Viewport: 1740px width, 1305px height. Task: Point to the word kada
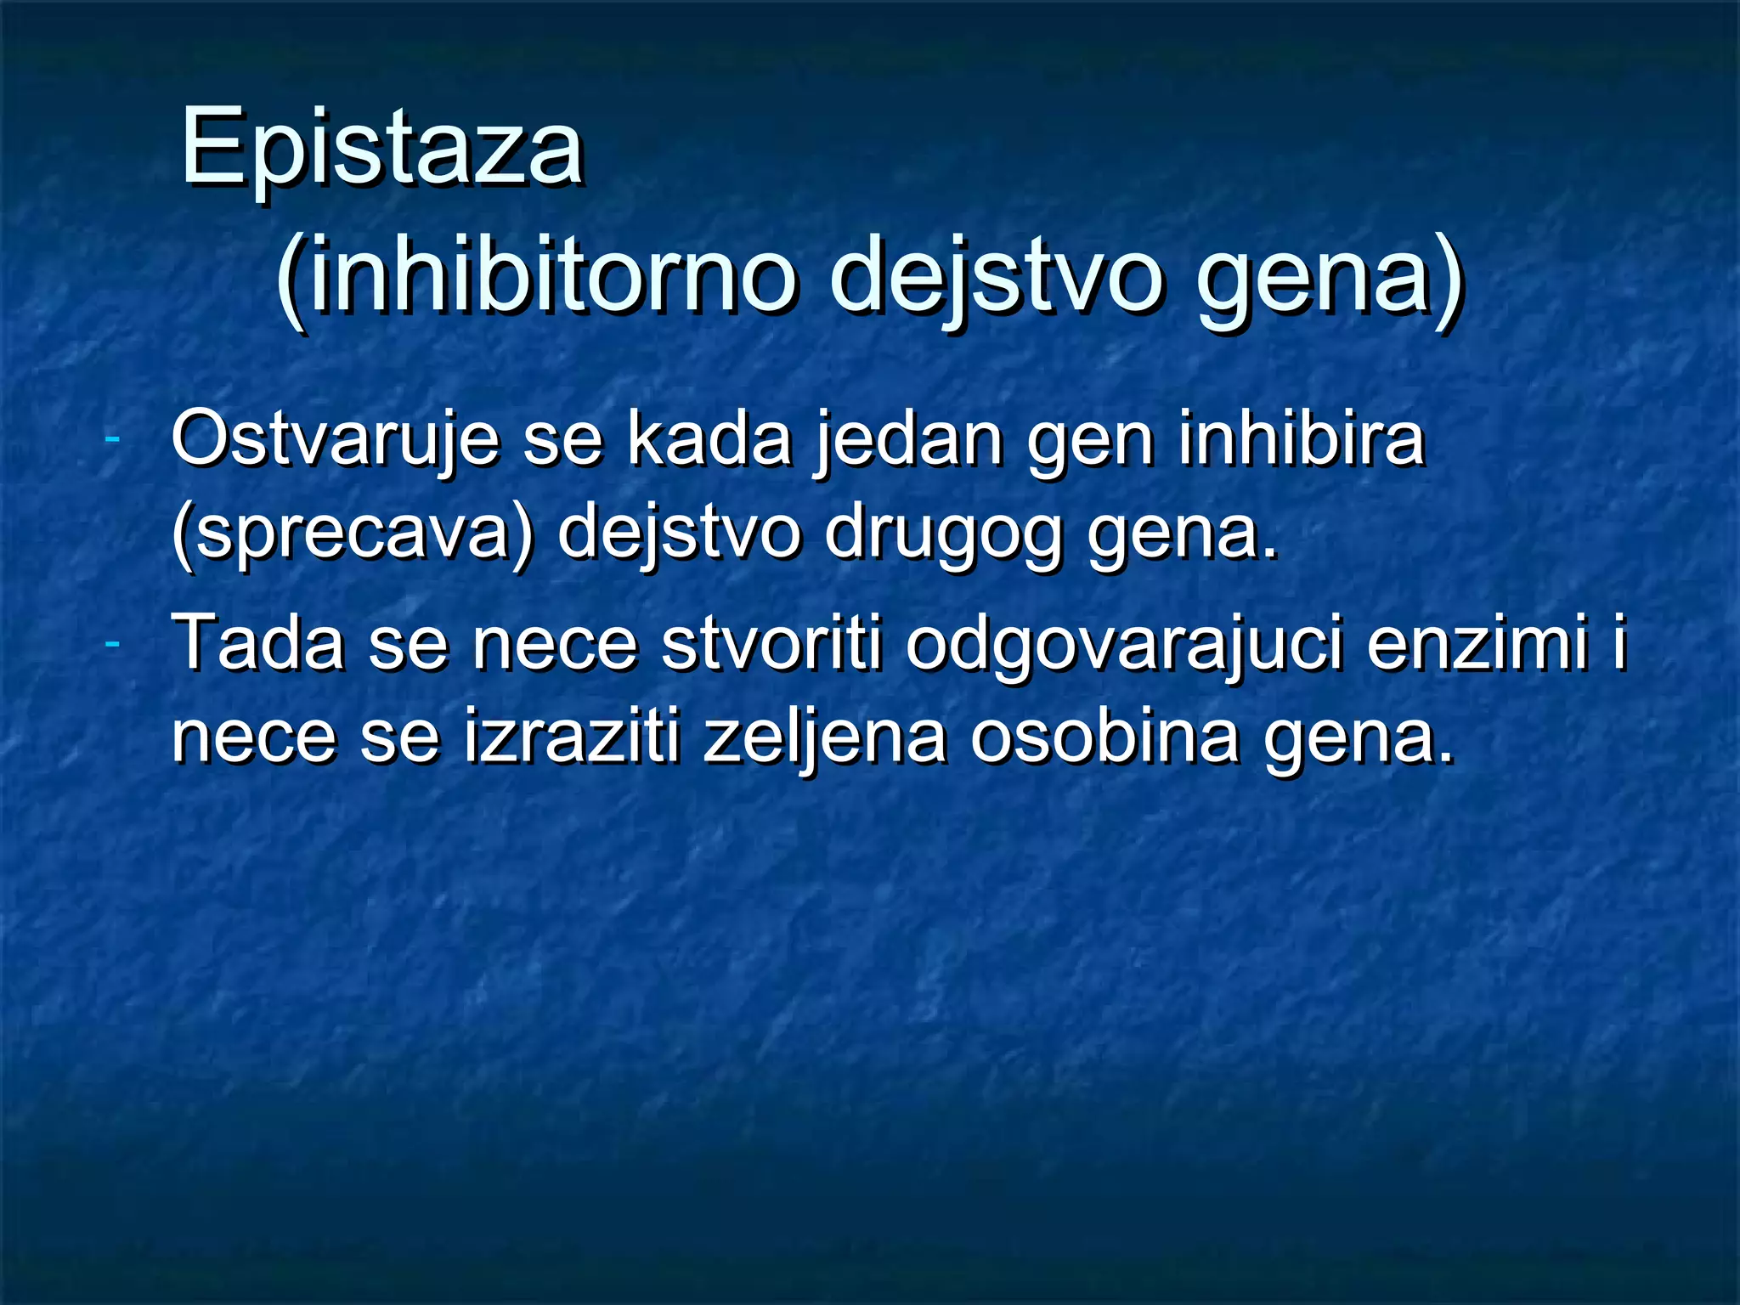coord(709,438)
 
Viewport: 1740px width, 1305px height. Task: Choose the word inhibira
coord(1301,438)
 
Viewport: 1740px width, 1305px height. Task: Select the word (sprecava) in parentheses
coord(353,534)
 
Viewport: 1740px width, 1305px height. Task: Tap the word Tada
coord(258,642)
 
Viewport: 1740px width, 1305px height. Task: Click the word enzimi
coord(1477,642)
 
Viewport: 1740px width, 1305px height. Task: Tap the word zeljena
coord(824,737)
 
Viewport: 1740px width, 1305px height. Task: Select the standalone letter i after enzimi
coord(1619,642)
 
